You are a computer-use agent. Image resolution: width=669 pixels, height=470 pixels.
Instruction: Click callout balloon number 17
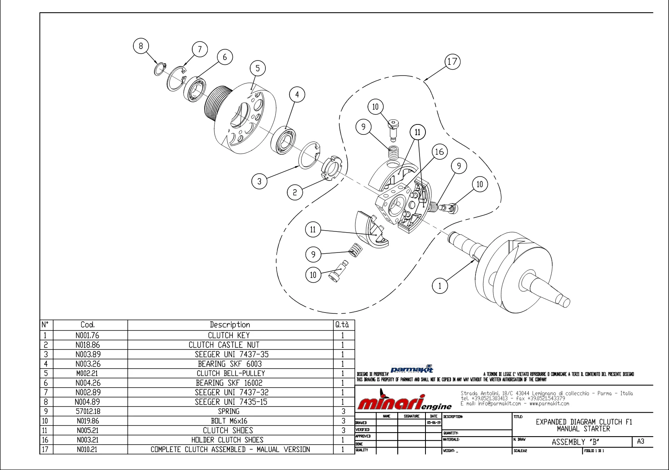tap(452, 62)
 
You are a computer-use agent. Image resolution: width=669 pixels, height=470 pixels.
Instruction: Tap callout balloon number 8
tap(141, 46)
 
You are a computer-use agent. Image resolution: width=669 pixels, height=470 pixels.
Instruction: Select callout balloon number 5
tap(257, 68)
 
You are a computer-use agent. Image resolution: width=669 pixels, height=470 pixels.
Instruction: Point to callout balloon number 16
tap(439, 151)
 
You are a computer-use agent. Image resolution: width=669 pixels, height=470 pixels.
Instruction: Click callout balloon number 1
tap(440, 285)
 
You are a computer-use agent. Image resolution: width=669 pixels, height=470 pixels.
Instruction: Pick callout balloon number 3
tap(259, 181)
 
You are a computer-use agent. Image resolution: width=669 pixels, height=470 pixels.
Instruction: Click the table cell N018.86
tap(87, 345)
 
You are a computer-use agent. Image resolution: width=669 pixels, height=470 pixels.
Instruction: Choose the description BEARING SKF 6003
tap(230, 364)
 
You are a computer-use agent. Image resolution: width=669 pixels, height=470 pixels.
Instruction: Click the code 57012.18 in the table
tap(87, 411)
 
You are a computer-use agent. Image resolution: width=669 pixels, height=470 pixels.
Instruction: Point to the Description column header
tap(230, 324)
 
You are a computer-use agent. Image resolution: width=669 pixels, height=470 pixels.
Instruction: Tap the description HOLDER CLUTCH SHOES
tap(230, 440)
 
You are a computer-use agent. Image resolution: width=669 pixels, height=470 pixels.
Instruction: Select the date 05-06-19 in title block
tap(433, 423)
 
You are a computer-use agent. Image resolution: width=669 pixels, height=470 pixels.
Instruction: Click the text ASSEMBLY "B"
tap(575, 442)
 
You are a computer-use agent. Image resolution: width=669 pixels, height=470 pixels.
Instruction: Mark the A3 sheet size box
tap(640, 441)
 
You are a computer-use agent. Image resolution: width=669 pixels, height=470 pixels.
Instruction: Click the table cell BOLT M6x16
tap(230, 421)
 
